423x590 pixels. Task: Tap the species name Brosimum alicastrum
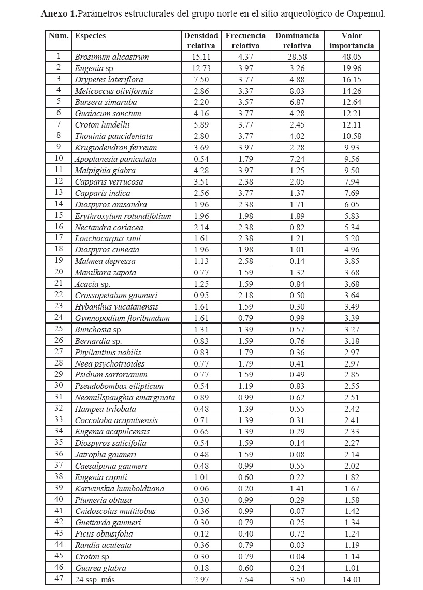[111, 57]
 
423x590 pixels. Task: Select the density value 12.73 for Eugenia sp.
[201, 68]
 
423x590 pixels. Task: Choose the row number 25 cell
[59, 329]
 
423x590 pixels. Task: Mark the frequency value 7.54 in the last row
[245, 579]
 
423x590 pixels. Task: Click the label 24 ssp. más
[96, 579]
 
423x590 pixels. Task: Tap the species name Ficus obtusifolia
[104, 533]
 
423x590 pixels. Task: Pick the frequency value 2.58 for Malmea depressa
[245, 261]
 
